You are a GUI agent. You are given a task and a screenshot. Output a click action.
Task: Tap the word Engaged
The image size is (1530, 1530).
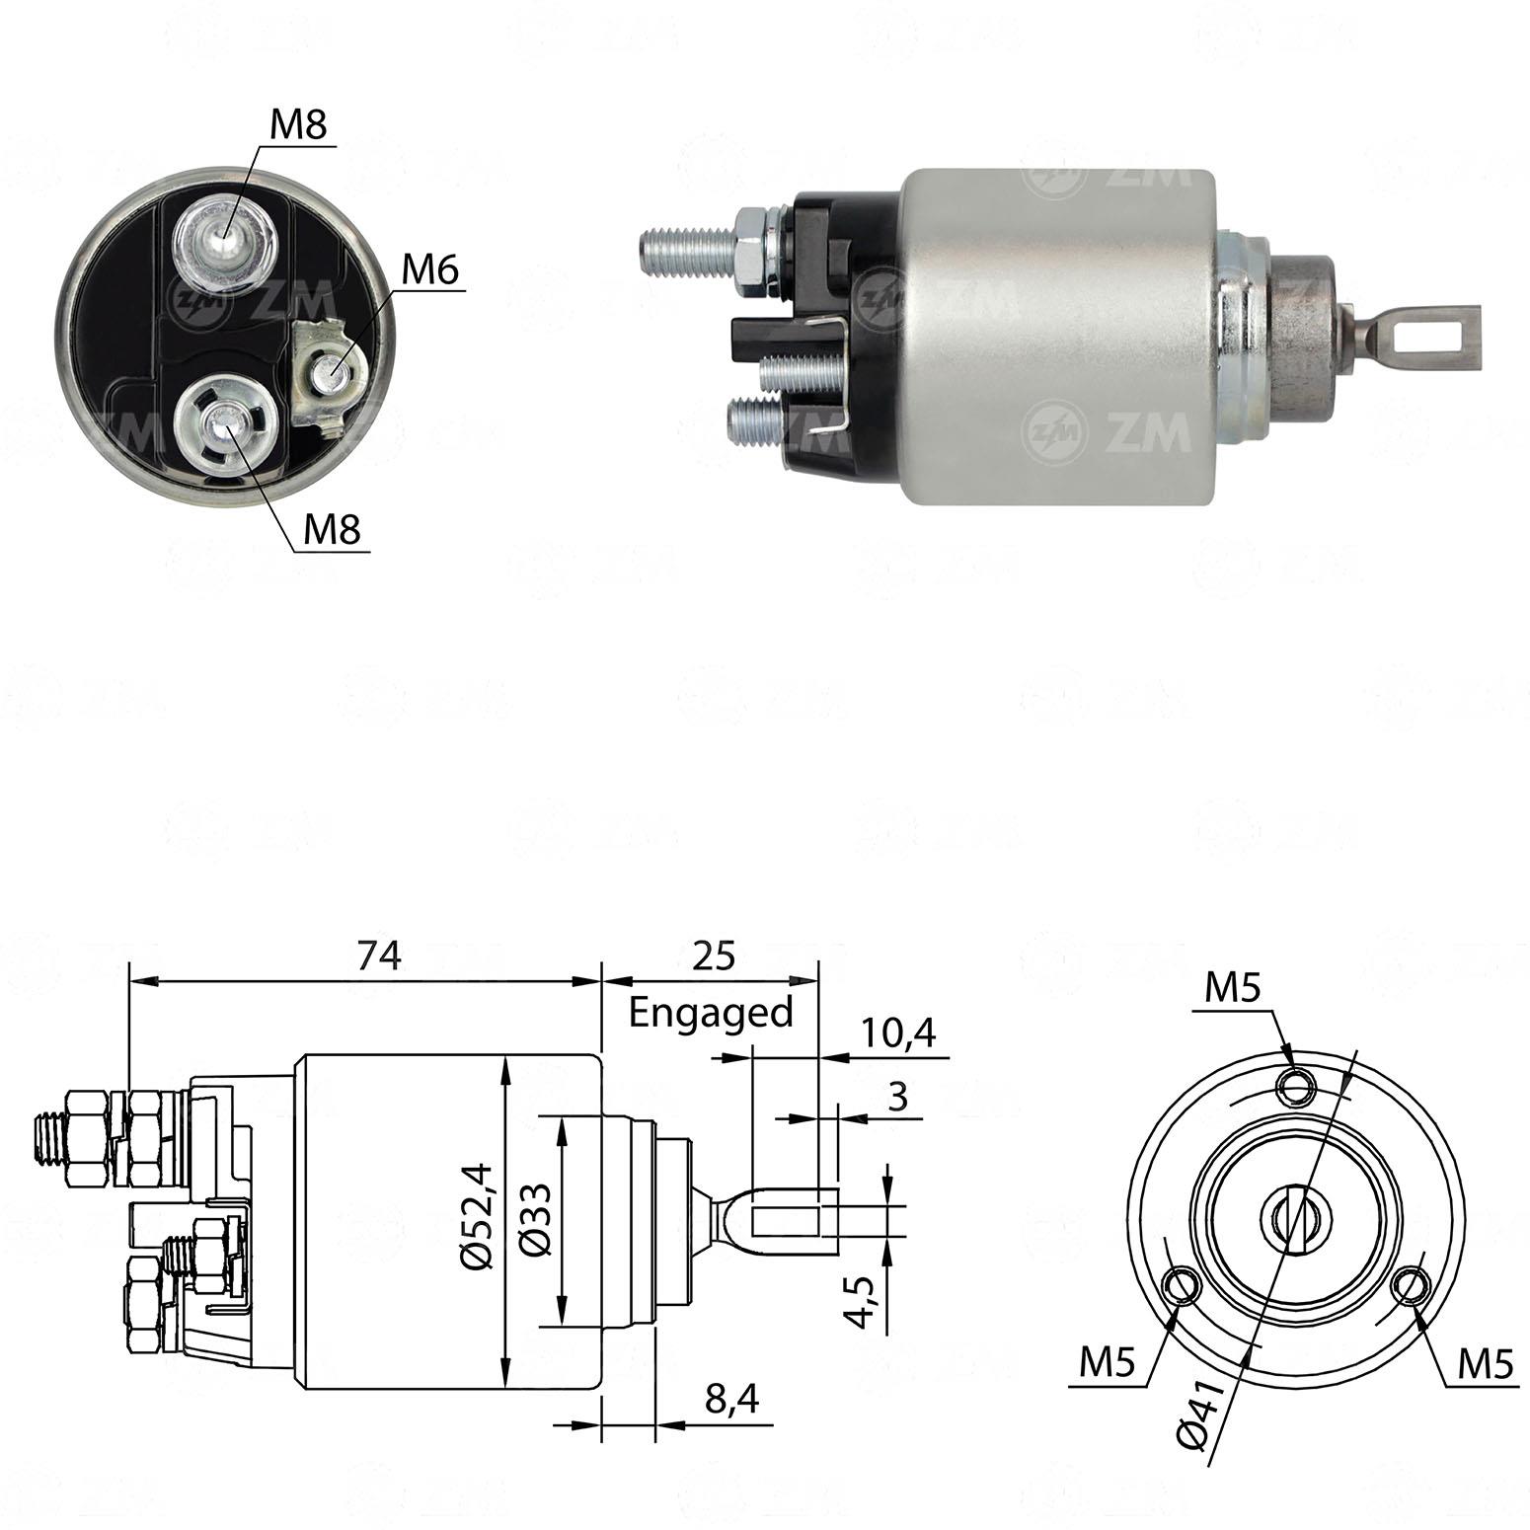pos(711,1013)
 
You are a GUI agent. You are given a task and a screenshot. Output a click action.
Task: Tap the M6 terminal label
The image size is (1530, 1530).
pos(431,269)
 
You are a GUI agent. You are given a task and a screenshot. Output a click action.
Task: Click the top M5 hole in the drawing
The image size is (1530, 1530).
pos(1295,1088)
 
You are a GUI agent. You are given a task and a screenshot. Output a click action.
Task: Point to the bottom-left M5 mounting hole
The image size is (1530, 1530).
pos(1181,1287)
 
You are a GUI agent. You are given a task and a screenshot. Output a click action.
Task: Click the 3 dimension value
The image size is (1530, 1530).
pos(897,1098)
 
